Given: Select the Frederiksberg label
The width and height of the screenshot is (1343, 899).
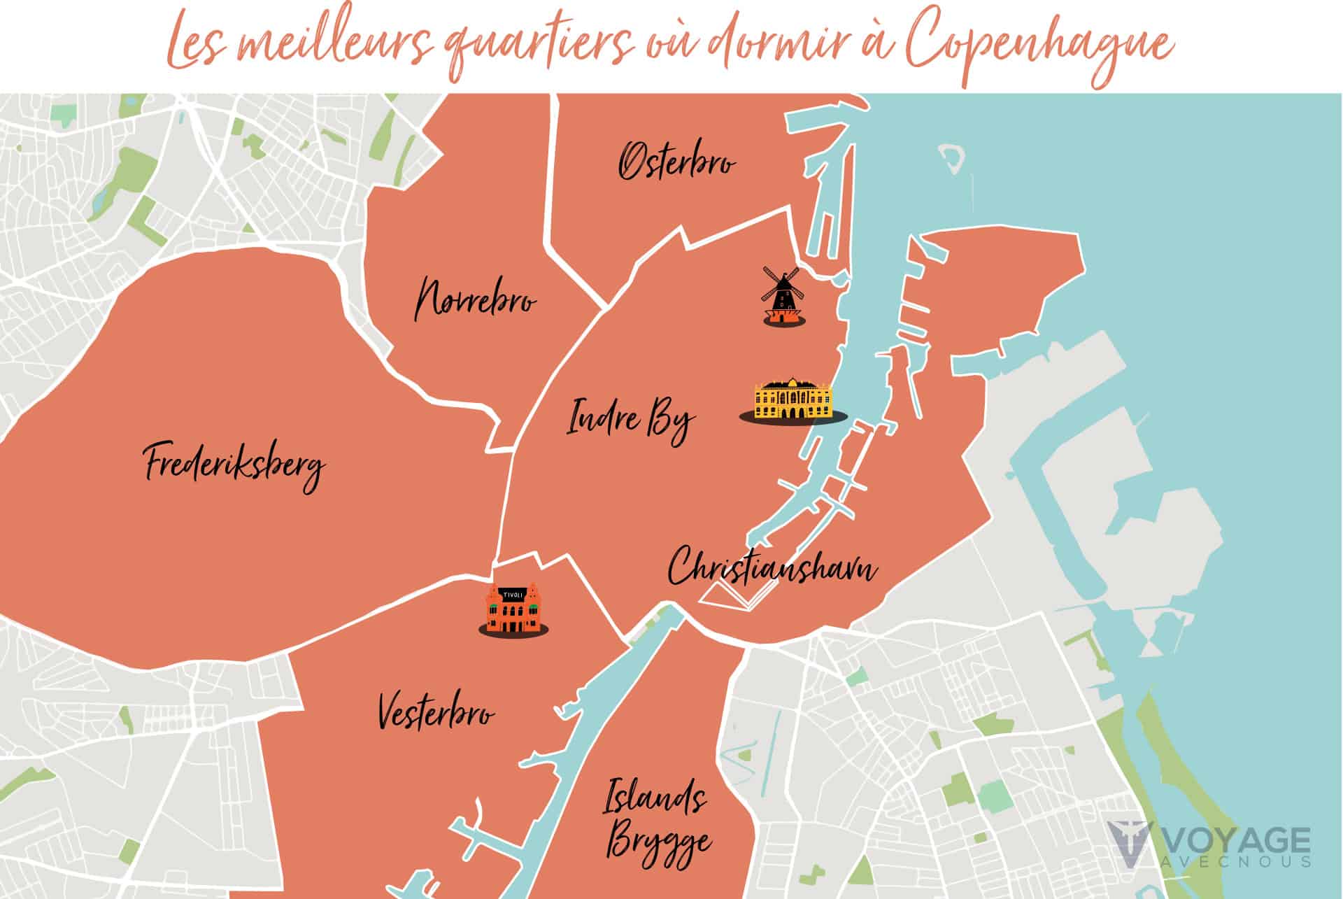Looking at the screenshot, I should [235, 464].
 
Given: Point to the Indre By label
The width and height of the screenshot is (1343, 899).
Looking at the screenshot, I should [630, 420].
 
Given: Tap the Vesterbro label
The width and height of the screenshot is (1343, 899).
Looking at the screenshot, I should [436, 713].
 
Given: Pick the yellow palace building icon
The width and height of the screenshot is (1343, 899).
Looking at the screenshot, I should [793, 399].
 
